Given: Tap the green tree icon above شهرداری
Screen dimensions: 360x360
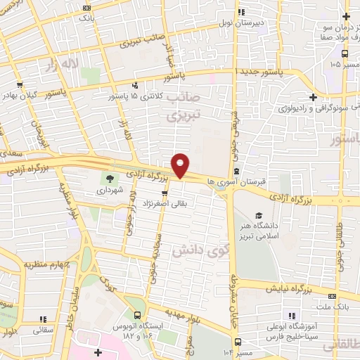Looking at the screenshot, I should tap(109, 177).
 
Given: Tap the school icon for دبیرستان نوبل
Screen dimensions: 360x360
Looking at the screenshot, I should tap(241, 12).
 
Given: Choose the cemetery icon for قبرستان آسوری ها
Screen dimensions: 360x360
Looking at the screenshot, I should tap(237, 171).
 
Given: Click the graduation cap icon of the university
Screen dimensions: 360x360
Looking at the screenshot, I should tap(258, 214).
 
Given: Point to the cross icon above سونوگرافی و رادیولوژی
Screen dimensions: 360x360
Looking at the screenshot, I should tap(312, 97).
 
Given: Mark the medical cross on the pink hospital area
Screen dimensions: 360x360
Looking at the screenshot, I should tap(98, 352).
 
